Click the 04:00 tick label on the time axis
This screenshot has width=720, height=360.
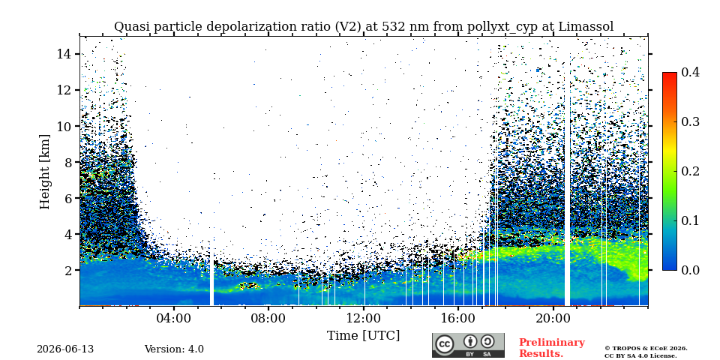point(175,318)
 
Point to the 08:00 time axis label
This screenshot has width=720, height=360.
point(269,318)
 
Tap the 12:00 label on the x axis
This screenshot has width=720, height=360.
point(364,318)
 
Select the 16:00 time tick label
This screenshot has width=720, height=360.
point(458,318)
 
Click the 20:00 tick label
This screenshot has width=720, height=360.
point(553,318)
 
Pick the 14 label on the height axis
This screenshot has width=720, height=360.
point(64,54)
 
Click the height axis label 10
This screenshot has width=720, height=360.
point(64,126)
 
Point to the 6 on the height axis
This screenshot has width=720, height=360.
point(68,198)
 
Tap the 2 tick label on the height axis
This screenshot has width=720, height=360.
point(68,270)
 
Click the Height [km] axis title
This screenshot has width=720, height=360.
point(44,172)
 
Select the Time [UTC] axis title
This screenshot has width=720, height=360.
point(363,336)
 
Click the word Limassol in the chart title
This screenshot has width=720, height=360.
point(586,27)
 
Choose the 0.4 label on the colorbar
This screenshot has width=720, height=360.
point(690,72)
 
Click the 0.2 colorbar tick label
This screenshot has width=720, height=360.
point(690,171)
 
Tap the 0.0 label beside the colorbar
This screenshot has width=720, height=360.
point(690,270)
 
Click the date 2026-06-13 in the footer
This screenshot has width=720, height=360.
point(65,349)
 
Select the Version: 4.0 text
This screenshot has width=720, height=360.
point(174,349)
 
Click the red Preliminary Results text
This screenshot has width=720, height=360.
point(552,348)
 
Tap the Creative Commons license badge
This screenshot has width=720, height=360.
point(468,345)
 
